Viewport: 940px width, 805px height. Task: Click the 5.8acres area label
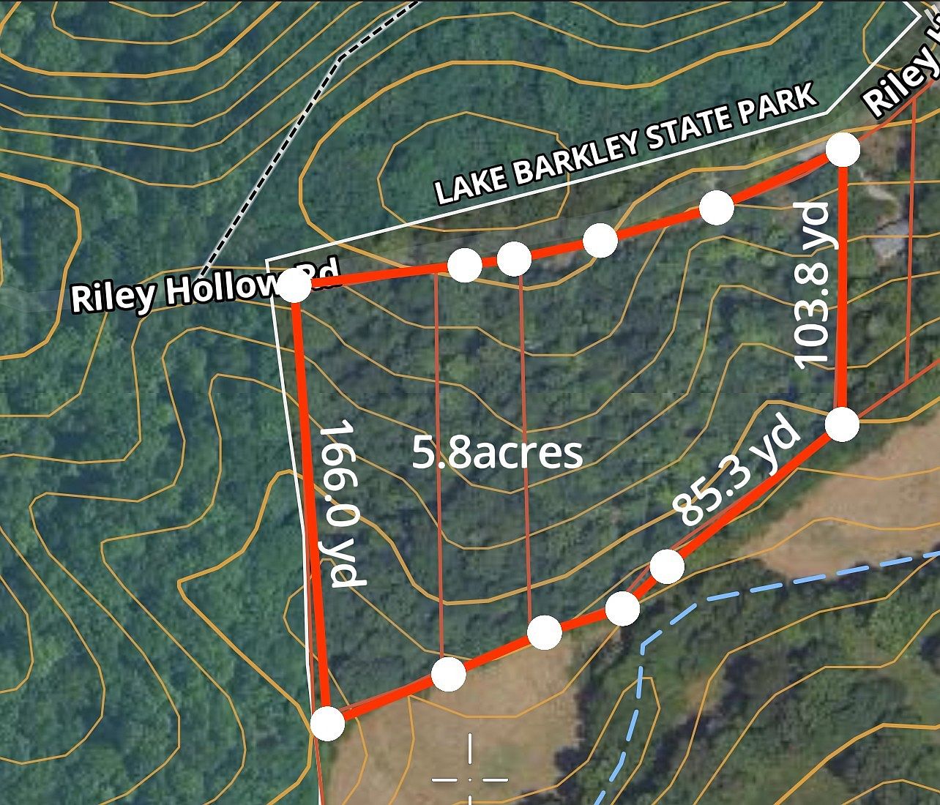[x=497, y=452]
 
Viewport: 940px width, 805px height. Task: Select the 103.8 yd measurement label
[x=813, y=285]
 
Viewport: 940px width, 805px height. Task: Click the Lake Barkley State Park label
[x=626, y=144]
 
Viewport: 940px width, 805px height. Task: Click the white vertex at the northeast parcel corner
[x=843, y=150]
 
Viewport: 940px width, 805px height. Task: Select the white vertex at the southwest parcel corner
[x=327, y=724]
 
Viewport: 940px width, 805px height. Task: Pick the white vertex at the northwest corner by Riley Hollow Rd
[x=295, y=285]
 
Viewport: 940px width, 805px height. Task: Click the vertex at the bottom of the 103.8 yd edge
[x=842, y=424]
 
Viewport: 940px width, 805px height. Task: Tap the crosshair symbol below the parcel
[x=469, y=779]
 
